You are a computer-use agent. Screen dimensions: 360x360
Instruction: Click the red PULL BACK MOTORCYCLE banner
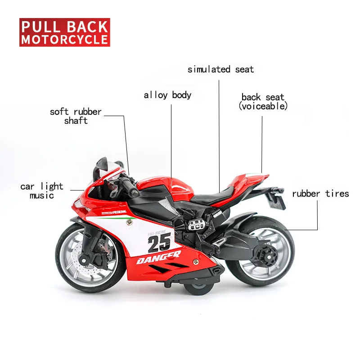click(x=65, y=32)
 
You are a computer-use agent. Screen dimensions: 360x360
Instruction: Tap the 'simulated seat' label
click(x=220, y=69)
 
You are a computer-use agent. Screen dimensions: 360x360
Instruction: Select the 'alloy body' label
click(x=167, y=95)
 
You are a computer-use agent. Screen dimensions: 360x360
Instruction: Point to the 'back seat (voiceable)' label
click(x=263, y=102)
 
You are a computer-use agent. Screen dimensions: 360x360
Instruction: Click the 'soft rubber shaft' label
click(x=76, y=116)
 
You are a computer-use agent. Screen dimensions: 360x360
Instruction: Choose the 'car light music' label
click(x=42, y=191)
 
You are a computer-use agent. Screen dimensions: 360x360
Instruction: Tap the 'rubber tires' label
click(x=320, y=194)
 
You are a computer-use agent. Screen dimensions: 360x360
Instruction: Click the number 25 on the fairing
click(x=159, y=243)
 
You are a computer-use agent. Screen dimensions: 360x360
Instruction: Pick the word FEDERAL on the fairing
click(x=119, y=211)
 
